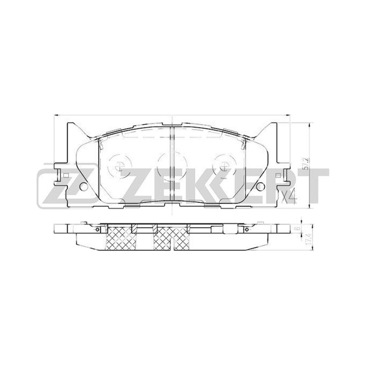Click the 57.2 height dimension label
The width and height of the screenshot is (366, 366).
click(x=307, y=163)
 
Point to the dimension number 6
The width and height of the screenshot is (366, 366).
click(x=297, y=229)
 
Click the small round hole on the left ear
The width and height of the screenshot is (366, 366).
click(x=83, y=186)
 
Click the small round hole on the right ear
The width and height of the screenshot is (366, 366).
click(x=260, y=186)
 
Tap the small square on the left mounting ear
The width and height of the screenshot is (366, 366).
click(x=66, y=175)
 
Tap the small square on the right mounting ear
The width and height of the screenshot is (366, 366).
click(x=278, y=175)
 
